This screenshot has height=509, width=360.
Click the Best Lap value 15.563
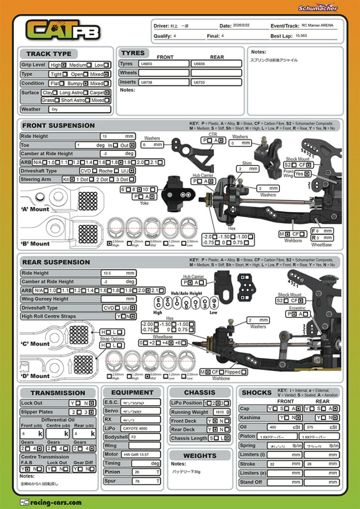point(301,36)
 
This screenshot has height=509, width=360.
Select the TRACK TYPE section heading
point(49,54)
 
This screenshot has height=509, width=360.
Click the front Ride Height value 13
point(105,136)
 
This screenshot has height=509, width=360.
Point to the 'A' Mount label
point(35,209)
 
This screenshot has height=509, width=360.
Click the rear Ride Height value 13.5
point(107,273)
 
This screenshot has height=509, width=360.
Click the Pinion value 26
point(137,472)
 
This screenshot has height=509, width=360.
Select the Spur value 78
point(137,481)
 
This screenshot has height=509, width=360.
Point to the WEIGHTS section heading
point(199,455)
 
